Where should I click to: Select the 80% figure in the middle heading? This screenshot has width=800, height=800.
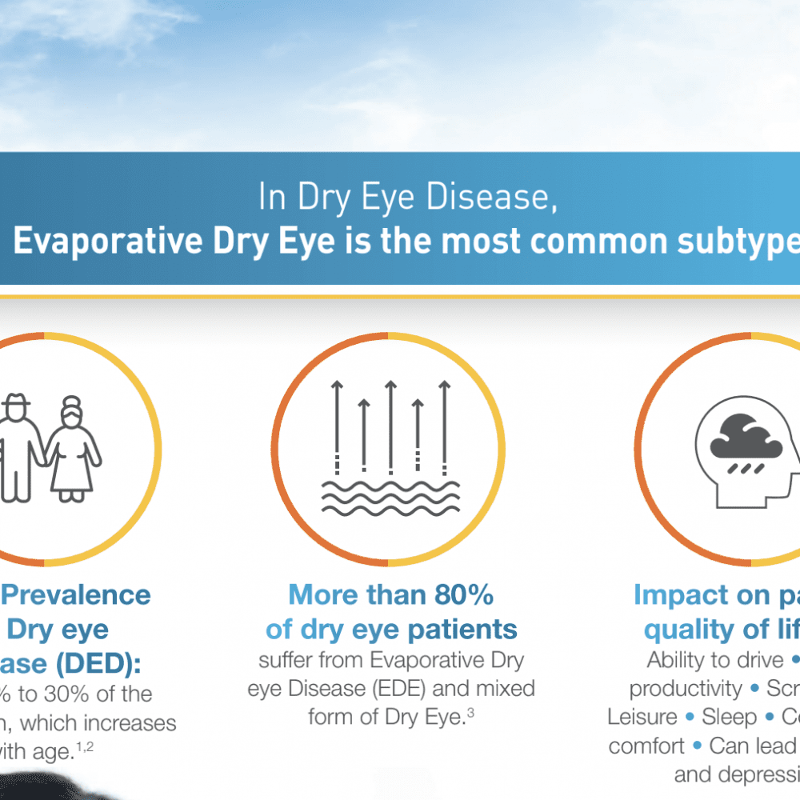[462, 595]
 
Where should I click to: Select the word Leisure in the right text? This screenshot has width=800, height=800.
[642, 716]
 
